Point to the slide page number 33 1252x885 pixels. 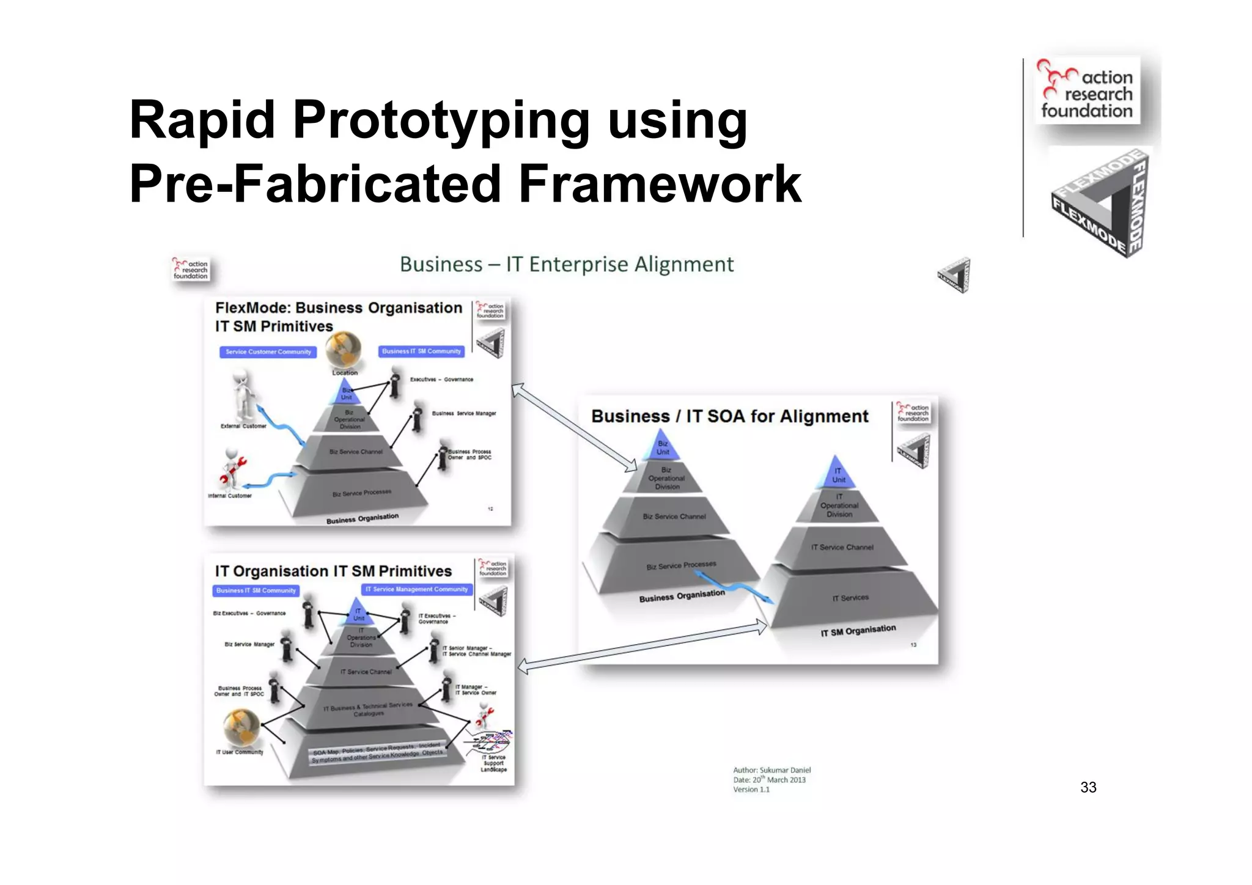[1088, 787]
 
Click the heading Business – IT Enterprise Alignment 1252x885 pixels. [566, 265]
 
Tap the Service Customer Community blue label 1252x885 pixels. [268, 352]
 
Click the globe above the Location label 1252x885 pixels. [343, 349]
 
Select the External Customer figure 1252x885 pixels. [243, 394]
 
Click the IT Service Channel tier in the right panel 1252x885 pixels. [842, 548]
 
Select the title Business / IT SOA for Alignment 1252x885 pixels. [729, 417]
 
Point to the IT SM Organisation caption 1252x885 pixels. [858, 630]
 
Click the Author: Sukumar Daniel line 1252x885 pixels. [771, 770]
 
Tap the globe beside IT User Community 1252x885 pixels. [241, 727]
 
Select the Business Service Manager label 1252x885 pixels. [463, 414]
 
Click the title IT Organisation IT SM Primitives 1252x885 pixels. [333, 571]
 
